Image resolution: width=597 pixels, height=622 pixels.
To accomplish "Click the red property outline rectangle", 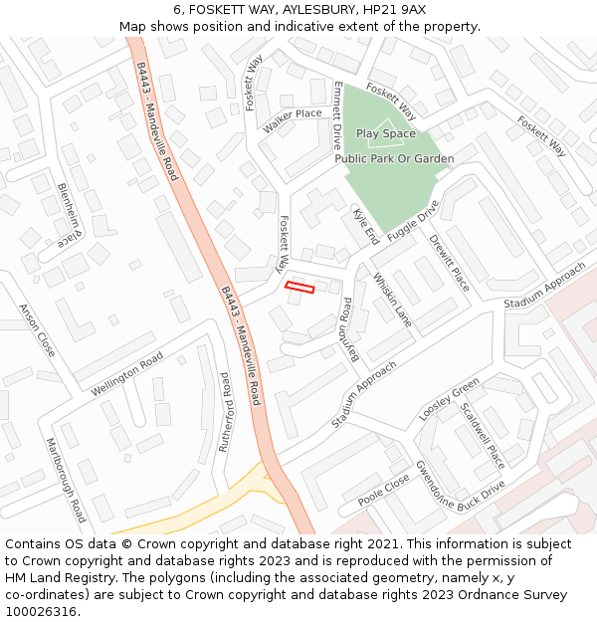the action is click(x=299, y=288).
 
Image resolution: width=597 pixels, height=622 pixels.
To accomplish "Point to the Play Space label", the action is click(x=386, y=133).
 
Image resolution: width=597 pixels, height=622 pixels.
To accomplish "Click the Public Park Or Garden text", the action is click(x=394, y=159).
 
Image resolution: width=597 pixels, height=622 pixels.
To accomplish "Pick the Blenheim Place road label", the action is click(x=66, y=215).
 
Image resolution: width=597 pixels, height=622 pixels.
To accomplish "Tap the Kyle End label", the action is click(x=364, y=226).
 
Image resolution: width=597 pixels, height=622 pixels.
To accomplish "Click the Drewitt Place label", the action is click(x=448, y=263).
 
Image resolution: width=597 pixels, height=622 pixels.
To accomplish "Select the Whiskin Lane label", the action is click(x=391, y=300).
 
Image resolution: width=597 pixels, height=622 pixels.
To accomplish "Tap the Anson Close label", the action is click(x=37, y=330).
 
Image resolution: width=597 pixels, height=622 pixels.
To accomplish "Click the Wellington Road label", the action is click(x=126, y=374).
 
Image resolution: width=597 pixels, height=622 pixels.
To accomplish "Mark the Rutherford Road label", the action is click(x=225, y=412).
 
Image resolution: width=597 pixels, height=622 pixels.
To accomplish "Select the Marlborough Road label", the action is click(x=66, y=480).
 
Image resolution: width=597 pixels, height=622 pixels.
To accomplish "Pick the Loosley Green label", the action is click(x=449, y=399).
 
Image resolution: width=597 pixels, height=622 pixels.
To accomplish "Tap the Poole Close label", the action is click(x=383, y=491).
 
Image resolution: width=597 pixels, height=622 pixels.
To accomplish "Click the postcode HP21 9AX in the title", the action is click(x=397, y=9).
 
